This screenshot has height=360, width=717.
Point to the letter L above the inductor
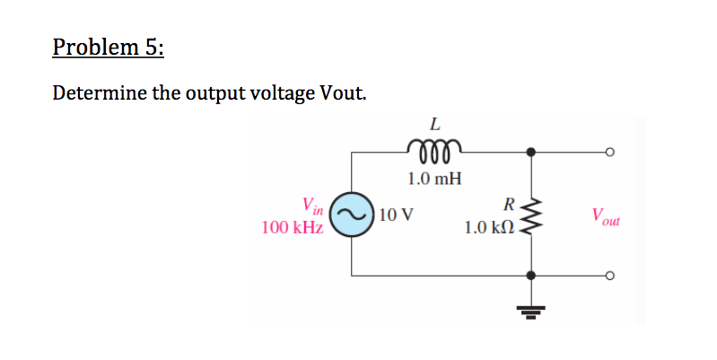pos(434,124)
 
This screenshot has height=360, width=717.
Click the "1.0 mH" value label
pos(434,178)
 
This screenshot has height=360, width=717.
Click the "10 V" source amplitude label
pos(396,215)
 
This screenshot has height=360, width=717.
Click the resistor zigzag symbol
pos(533,215)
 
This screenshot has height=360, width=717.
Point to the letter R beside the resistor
pos(509,204)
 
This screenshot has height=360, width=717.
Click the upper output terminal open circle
pos(609,152)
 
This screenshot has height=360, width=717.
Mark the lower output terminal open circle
pos(609,276)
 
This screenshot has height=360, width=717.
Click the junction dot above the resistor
pos(533,152)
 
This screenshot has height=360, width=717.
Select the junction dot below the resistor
pos(533,276)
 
